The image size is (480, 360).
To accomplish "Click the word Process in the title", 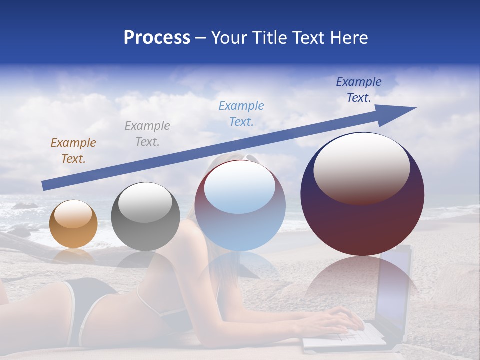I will coord(157,38).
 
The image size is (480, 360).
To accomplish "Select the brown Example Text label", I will coord(73,151).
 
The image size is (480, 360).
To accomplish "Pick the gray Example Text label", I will coord(147,134).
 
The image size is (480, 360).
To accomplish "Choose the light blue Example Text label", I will coord(241,114).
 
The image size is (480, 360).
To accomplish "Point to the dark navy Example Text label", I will coord(359,90).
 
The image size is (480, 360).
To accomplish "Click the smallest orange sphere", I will coord(74,224).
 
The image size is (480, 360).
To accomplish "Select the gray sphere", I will coord(145,217).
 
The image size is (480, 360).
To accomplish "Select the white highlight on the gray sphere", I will coord(145,202).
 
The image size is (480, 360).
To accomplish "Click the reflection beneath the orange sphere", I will coord(73,256).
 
